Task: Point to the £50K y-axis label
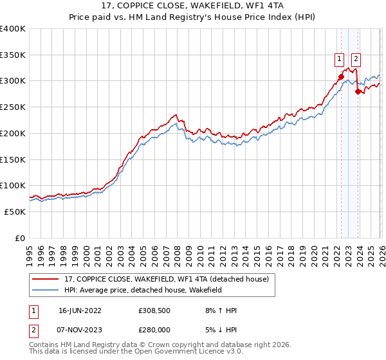click(x=14, y=212)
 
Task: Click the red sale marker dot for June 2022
click(x=341, y=76)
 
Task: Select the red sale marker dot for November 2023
click(x=357, y=91)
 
